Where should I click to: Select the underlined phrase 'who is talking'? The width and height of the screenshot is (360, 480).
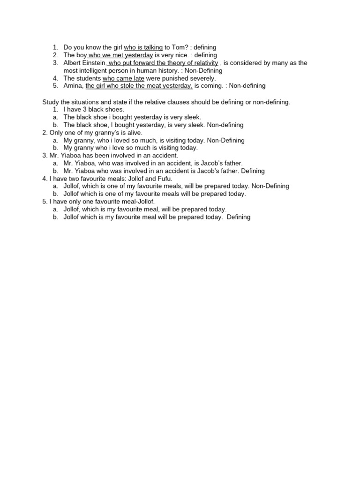[143, 47]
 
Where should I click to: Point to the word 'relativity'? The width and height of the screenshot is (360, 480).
[203, 63]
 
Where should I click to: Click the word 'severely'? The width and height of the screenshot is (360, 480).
[202, 78]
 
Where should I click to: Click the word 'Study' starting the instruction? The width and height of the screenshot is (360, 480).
[51, 102]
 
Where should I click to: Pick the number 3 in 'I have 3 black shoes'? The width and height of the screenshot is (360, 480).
[84, 109]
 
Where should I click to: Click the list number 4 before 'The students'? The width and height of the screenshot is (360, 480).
[55, 78]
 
